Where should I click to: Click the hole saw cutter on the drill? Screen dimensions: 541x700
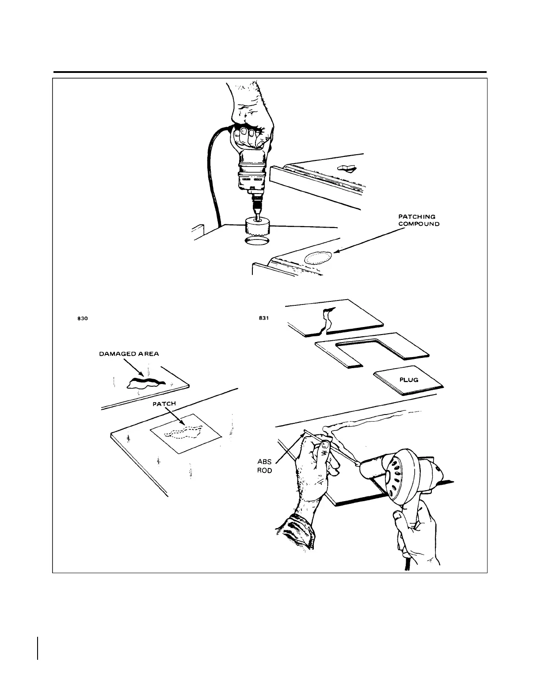click(256, 228)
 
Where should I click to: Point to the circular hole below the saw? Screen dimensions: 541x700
click(256, 241)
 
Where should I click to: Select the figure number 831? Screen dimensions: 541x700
click(264, 318)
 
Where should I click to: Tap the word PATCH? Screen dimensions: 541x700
click(164, 404)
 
